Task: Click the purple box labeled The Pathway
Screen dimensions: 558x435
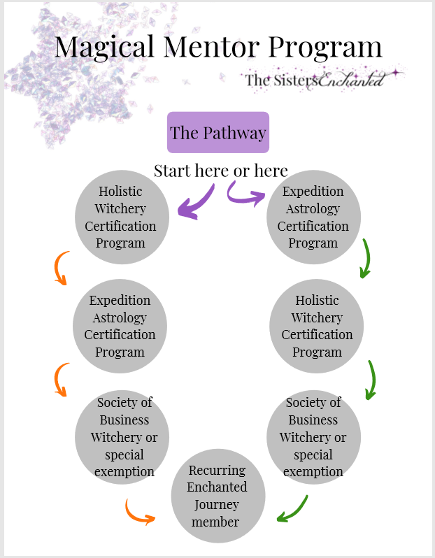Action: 218,132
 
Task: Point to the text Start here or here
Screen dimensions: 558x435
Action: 220,171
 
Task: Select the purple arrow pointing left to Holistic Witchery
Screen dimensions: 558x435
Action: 196,202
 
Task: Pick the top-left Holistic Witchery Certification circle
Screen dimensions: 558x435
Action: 122,217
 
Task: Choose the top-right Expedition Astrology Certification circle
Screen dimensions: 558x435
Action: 313,217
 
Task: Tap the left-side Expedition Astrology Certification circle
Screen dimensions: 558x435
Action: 120,326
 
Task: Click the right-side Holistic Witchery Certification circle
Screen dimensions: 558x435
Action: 317,326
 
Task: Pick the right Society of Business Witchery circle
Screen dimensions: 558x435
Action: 313,436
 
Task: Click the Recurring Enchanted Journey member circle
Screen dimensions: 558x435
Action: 217,496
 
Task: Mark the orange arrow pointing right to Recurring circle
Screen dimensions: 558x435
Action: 139,513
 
